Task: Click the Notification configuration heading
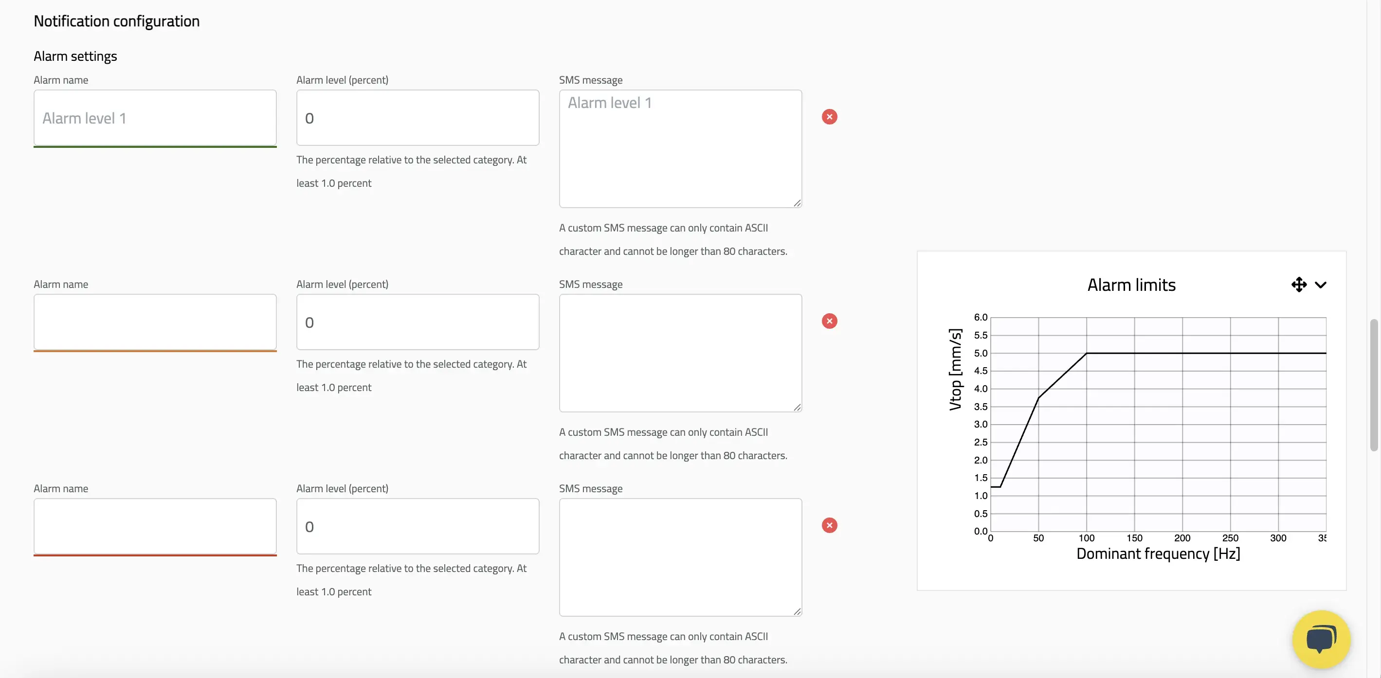(x=116, y=21)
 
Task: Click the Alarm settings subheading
(x=75, y=56)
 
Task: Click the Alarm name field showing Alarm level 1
(x=155, y=118)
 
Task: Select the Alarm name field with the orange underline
(x=155, y=322)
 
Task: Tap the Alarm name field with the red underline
(x=155, y=526)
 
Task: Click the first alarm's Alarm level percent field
(x=418, y=117)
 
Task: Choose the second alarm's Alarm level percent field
(x=418, y=321)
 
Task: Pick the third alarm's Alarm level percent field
(x=418, y=526)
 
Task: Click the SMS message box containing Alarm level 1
(x=680, y=148)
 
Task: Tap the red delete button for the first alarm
(x=829, y=117)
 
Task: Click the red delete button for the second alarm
(x=829, y=321)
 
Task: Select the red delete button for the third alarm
(x=829, y=525)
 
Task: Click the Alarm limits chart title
(x=1131, y=285)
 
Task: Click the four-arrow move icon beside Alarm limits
(x=1298, y=285)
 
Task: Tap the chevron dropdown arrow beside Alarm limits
(x=1321, y=285)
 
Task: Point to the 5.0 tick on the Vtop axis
(x=981, y=353)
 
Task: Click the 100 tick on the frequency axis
(x=1086, y=537)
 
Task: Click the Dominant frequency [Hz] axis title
(x=1158, y=553)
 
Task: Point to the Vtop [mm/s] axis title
(x=955, y=369)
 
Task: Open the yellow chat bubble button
(x=1321, y=639)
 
